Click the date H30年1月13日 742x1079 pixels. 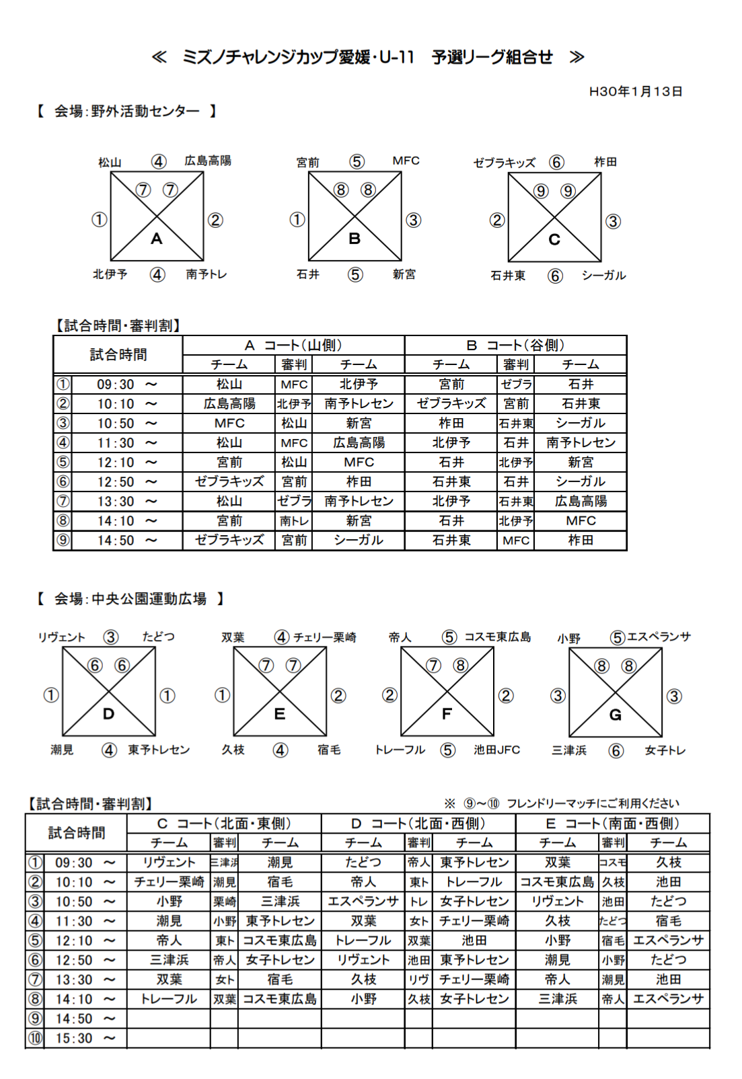[635, 91]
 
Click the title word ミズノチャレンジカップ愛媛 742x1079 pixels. [276, 58]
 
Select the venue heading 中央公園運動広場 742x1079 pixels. [149, 599]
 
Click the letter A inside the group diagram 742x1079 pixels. [157, 239]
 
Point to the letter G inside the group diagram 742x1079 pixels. [615, 715]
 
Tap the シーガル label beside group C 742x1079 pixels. [603, 276]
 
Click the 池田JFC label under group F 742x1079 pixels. [496, 750]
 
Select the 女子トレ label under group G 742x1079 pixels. [665, 750]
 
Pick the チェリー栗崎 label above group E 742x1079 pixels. [325, 637]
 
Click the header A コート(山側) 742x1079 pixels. [293, 346]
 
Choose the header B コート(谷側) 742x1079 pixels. [515, 346]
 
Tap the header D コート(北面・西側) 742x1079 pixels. [418, 824]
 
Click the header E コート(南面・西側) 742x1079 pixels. [612, 824]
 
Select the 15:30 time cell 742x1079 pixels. [74, 1039]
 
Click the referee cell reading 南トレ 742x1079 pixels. [294, 521]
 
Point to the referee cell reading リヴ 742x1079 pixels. [418, 980]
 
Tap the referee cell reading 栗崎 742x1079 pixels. [224, 902]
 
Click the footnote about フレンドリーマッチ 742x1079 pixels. [562, 803]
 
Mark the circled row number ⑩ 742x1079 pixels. [35, 1039]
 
